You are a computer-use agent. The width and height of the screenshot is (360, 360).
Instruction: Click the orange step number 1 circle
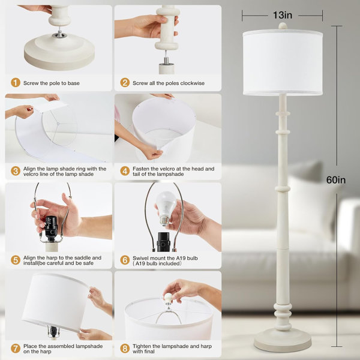pyautogui.click(x=16, y=83)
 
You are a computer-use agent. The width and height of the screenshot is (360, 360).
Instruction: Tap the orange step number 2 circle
pyautogui.click(x=125, y=83)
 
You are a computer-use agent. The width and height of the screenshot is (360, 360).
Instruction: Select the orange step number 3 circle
pyautogui.click(x=16, y=171)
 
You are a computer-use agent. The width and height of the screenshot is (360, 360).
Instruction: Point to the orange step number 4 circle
pyautogui.click(x=125, y=171)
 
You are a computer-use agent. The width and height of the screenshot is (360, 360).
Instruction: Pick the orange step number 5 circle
pyautogui.click(x=16, y=260)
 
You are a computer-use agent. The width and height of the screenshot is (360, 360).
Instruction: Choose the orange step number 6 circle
pyautogui.click(x=125, y=260)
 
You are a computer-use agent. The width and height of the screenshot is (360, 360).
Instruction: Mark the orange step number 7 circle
pyautogui.click(x=16, y=349)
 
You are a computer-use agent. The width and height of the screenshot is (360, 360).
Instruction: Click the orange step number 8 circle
pyautogui.click(x=125, y=349)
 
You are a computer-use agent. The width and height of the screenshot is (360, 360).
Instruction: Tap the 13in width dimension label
pyautogui.click(x=283, y=16)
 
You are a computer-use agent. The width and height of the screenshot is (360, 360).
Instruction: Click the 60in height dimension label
pyautogui.click(x=336, y=180)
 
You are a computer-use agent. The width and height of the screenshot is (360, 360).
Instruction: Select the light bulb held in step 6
pyautogui.click(x=166, y=208)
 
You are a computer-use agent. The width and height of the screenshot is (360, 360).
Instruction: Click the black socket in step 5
pyautogui.click(x=50, y=228)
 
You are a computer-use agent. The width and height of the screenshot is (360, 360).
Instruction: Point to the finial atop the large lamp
pyautogui.click(x=283, y=26)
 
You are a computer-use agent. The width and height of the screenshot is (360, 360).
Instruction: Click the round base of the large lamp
pyautogui.click(x=283, y=340)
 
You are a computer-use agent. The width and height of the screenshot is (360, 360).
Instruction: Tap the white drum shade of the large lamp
pyautogui.click(x=283, y=62)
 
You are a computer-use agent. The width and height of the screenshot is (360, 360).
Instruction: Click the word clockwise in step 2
pyautogui.click(x=193, y=83)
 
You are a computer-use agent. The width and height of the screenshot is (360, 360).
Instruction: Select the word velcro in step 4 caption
pyautogui.click(x=166, y=169)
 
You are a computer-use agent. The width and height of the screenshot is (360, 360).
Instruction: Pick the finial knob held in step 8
pyautogui.click(x=168, y=298)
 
